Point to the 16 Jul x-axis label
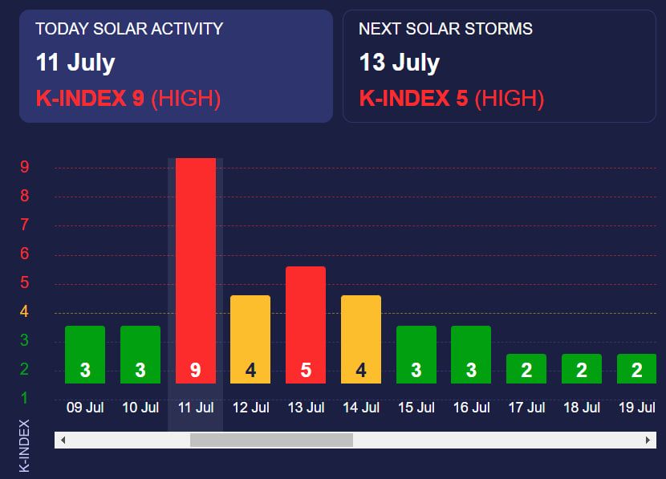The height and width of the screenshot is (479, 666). (471, 408)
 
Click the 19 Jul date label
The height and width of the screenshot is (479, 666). (638, 408)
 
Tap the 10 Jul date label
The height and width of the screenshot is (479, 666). (140, 408)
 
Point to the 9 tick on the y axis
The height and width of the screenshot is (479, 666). (25, 168)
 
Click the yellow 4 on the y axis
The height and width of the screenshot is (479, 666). (25, 311)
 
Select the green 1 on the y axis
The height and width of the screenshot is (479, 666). (25, 398)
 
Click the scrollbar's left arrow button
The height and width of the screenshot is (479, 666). (63, 440)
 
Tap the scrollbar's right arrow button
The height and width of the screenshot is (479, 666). (648, 440)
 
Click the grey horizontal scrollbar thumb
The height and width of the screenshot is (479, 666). (271, 440)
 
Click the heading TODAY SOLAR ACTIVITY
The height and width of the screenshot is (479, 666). (129, 30)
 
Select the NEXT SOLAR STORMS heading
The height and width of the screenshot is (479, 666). (445, 30)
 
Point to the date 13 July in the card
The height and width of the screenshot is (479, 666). (400, 63)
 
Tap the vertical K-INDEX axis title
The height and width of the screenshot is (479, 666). (24, 445)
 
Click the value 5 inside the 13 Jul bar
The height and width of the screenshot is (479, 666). (306, 371)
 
